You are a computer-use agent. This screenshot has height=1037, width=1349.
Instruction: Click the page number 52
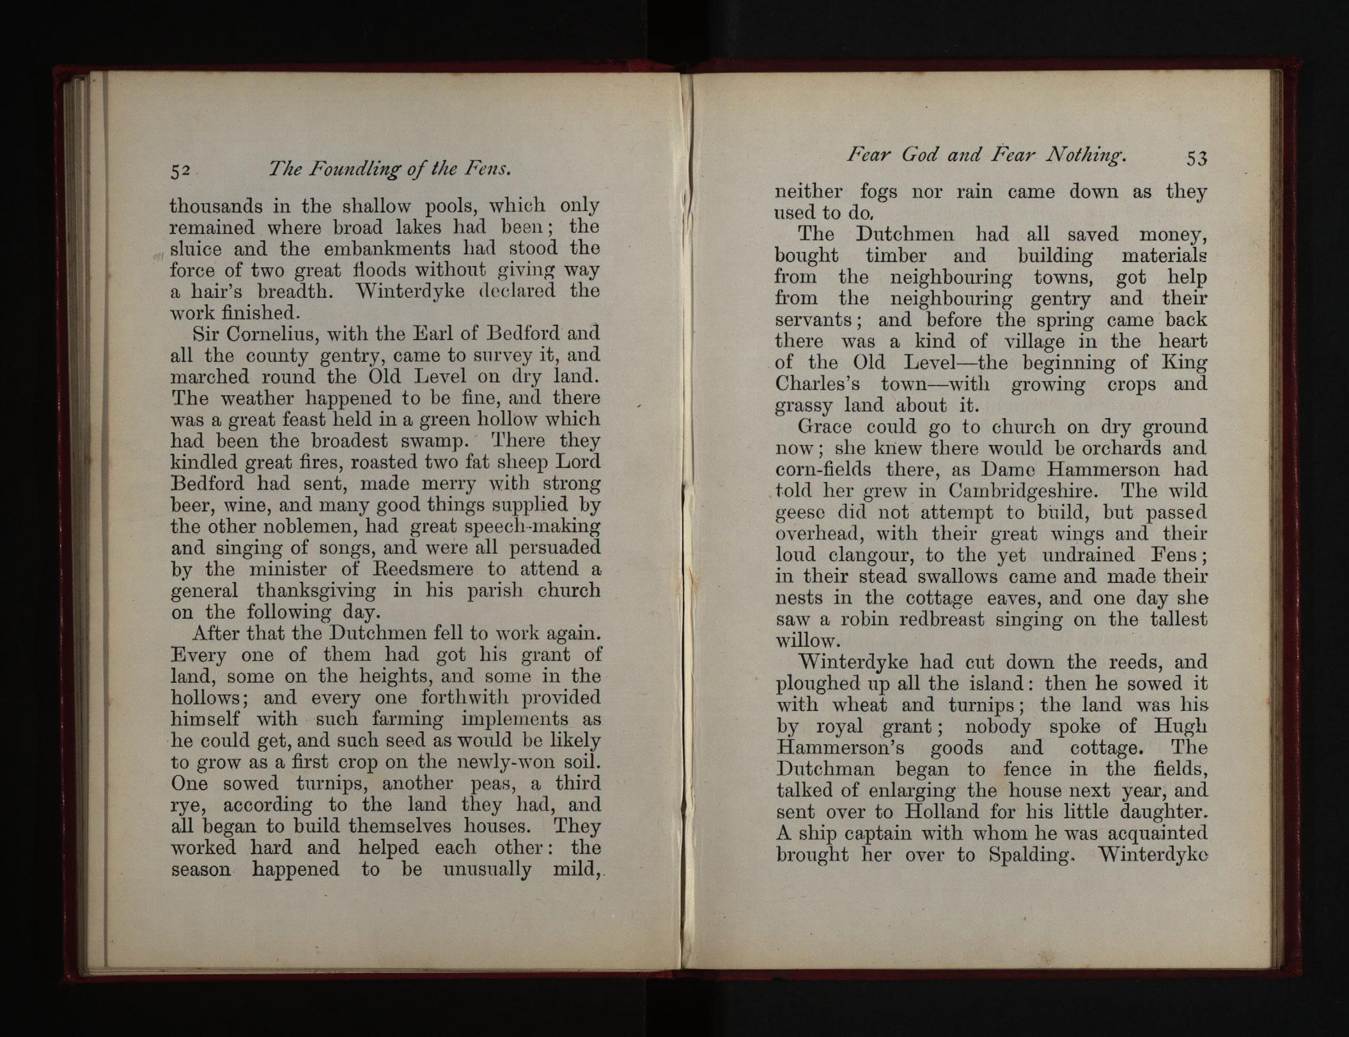tap(180, 171)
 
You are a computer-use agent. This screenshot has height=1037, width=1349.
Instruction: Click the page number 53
tap(1196, 158)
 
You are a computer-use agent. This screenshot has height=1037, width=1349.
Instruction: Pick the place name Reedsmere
tap(419, 568)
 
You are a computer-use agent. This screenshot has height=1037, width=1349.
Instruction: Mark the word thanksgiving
tap(316, 590)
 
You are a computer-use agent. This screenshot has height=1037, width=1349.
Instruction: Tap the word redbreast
tap(943, 620)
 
